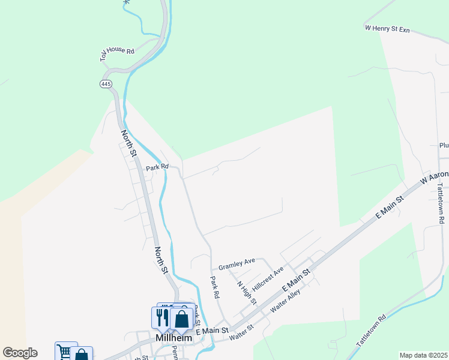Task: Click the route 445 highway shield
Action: (x=106, y=84)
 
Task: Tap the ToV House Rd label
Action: (x=117, y=53)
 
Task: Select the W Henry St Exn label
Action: (x=387, y=29)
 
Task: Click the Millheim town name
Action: (x=173, y=338)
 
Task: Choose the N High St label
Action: (x=246, y=292)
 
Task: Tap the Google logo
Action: (x=20, y=353)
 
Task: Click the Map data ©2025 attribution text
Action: (x=423, y=355)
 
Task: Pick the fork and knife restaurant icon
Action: (x=161, y=316)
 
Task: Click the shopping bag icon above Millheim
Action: (x=181, y=319)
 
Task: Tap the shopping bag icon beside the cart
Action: (x=82, y=355)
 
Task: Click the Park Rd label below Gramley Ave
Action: (x=214, y=287)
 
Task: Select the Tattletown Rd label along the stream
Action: (x=371, y=331)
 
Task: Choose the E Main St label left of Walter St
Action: (x=212, y=331)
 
